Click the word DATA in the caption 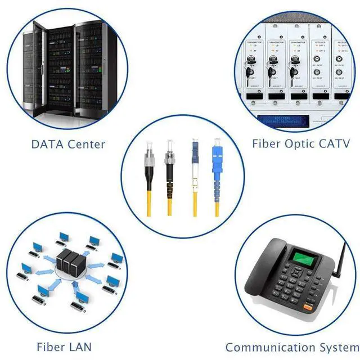point(47,144)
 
